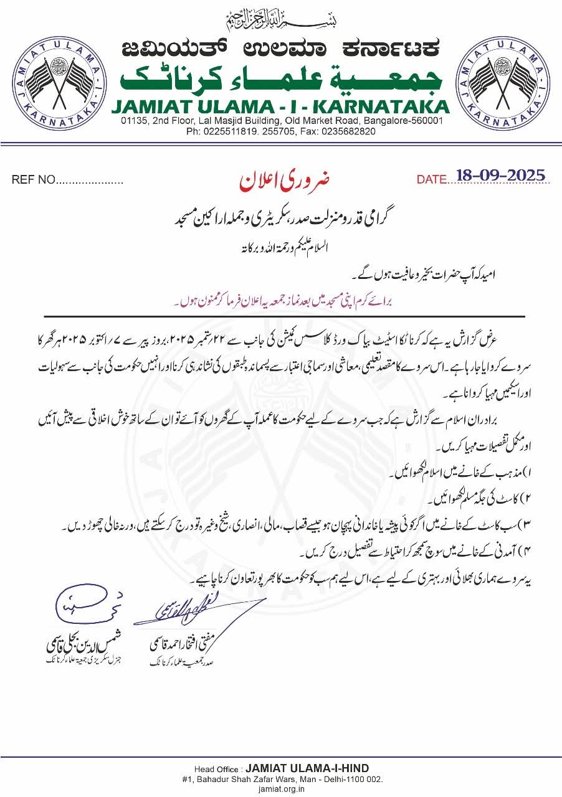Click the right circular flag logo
click(504, 79)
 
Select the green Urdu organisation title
click(281, 78)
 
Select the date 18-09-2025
click(500, 176)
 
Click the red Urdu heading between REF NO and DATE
click(284, 179)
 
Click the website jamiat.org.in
click(281, 788)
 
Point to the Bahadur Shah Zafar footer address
click(281, 779)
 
